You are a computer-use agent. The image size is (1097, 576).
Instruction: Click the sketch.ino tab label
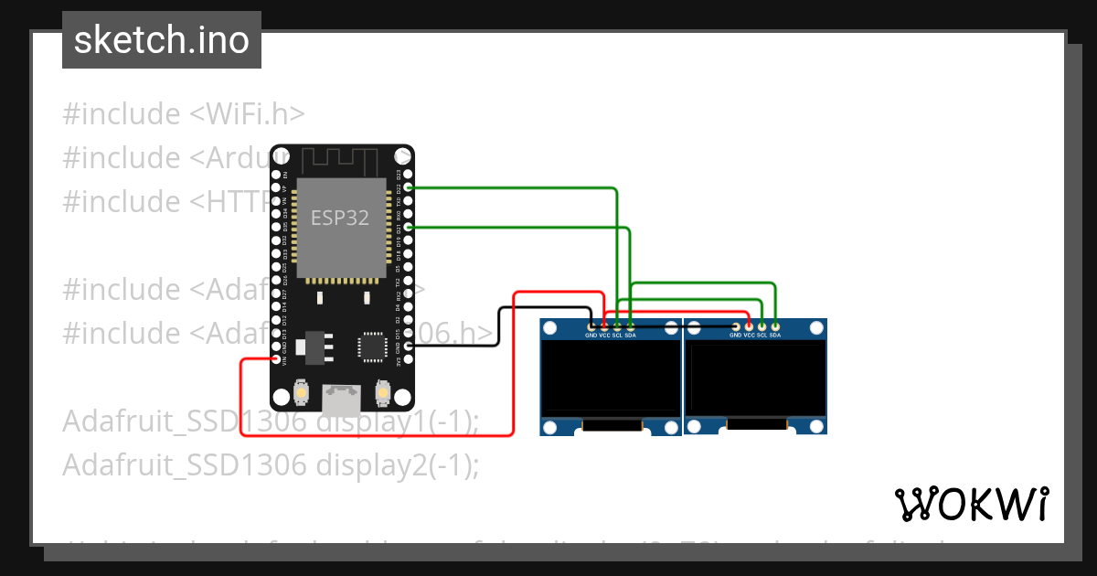(x=162, y=40)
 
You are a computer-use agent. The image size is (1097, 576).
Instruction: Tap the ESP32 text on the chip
(x=340, y=218)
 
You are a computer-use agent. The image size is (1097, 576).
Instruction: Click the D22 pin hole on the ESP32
(x=409, y=187)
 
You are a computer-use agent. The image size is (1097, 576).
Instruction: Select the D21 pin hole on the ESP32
(x=409, y=226)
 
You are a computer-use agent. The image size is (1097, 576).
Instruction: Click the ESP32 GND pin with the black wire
(x=409, y=346)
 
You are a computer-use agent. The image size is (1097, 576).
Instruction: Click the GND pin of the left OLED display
(x=591, y=325)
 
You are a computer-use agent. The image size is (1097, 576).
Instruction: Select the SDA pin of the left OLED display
(x=630, y=325)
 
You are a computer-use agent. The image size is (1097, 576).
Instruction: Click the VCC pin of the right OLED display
(x=749, y=325)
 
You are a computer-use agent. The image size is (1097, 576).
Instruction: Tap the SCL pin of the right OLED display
(x=762, y=325)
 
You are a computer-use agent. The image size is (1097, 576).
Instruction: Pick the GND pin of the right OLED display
(x=736, y=325)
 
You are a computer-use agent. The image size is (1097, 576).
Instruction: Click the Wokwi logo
(x=971, y=504)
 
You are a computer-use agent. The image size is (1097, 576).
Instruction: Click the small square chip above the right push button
(x=372, y=347)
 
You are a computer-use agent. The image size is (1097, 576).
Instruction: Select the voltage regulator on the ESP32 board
(x=316, y=346)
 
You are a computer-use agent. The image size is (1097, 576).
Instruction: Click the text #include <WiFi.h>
(x=183, y=114)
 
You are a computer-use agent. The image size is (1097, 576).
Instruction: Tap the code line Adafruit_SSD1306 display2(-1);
(x=271, y=465)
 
